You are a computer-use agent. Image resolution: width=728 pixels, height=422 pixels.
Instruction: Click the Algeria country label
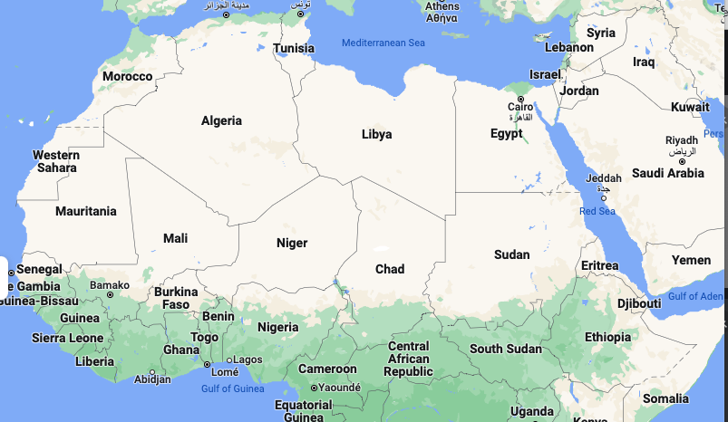221,120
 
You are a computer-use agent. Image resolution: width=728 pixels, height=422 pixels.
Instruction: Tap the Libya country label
376,134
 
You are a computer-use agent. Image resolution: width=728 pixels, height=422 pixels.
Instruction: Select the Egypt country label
506,133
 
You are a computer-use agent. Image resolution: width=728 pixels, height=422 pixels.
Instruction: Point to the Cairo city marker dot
520,99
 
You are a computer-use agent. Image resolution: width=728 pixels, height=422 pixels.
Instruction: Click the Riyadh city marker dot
682,162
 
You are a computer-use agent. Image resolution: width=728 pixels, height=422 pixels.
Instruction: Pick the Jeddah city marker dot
604,198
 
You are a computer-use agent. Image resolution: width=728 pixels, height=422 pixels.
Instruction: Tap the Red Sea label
597,211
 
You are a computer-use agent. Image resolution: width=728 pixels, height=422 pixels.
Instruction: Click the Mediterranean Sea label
383,43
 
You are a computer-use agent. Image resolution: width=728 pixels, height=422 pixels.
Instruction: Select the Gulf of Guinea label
232,388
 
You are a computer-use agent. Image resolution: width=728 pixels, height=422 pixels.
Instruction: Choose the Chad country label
390,269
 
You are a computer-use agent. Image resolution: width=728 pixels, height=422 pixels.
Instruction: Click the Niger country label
292,243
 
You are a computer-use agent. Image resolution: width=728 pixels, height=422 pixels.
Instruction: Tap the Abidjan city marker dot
151,371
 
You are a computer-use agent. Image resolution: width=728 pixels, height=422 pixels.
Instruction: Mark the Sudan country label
511,254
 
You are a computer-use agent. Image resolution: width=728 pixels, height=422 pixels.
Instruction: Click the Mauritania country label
86,211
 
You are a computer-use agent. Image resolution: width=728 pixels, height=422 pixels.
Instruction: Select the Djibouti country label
639,303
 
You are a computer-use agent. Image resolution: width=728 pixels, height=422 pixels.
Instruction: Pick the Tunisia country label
294,48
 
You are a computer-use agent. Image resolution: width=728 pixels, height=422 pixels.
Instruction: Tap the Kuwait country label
690,107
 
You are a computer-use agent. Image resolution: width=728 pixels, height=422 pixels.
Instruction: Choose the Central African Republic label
408,359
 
